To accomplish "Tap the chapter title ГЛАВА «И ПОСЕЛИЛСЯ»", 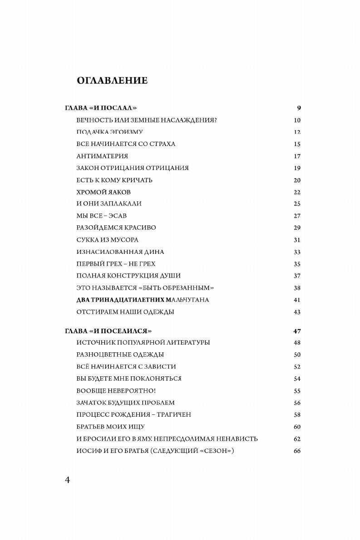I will click(107, 331).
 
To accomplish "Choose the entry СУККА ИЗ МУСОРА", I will click(107, 240).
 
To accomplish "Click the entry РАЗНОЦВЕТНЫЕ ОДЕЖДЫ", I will click(120, 355).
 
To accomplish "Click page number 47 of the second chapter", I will click(297, 331).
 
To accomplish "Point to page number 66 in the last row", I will click(297, 451).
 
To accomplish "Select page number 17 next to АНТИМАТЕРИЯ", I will click(297, 156).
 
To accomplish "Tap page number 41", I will click(297, 300).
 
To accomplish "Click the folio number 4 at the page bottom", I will click(67, 481).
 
